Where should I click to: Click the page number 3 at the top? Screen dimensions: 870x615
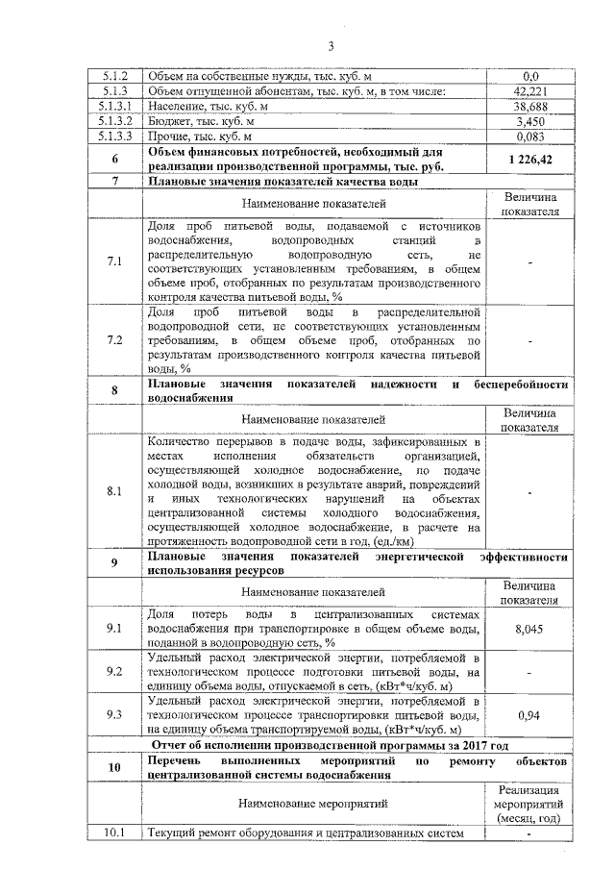(x=330, y=46)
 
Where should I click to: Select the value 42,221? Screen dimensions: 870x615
(x=530, y=91)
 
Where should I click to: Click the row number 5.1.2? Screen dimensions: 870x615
(x=115, y=76)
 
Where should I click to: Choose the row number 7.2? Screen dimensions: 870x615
(x=115, y=340)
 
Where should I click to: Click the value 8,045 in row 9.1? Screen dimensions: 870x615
(x=530, y=628)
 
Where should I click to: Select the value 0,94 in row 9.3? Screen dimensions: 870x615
(x=530, y=715)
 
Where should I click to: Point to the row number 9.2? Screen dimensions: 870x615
(x=115, y=671)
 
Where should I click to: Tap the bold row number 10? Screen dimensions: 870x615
(x=115, y=767)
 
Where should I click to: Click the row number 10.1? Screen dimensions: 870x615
(x=115, y=833)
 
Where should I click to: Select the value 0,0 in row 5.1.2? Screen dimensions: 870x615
(x=530, y=76)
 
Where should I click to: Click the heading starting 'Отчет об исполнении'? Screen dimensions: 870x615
(x=331, y=745)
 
